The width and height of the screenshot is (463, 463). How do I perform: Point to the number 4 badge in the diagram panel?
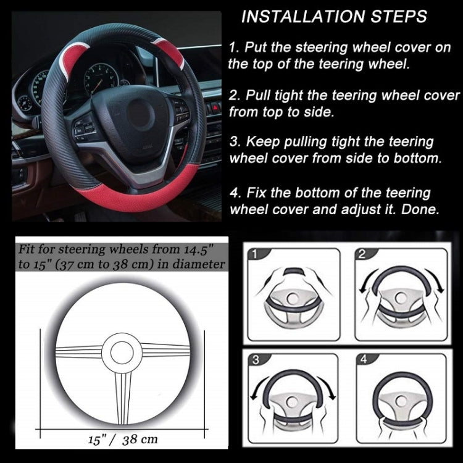click(362, 361)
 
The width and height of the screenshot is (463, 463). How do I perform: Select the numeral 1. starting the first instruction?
click(233, 48)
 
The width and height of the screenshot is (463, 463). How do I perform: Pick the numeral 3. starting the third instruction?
click(233, 142)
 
